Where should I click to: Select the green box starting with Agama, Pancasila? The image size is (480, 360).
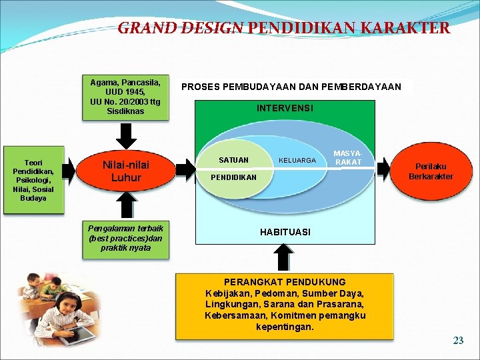(x=125, y=97)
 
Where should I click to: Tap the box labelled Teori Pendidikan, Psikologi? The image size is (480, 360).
(x=33, y=180)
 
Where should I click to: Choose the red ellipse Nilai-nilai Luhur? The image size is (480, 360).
(x=125, y=171)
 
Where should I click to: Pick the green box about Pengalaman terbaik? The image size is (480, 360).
(x=125, y=237)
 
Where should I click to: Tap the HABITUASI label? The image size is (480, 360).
(x=285, y=232)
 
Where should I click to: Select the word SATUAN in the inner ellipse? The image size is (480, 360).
(x=233, y=160)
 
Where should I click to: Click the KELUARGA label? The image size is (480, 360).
(x=297, y=161)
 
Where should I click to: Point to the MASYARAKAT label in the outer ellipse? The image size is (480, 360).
(x=348, y=158)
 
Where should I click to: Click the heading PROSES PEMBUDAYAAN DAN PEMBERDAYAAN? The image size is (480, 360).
(x=291, y=87)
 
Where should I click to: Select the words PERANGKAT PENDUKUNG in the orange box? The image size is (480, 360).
(x=285, y=282)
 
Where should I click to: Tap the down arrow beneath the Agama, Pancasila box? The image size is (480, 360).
(x=125, y=137)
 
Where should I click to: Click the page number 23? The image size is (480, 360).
(x=458, y=341)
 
